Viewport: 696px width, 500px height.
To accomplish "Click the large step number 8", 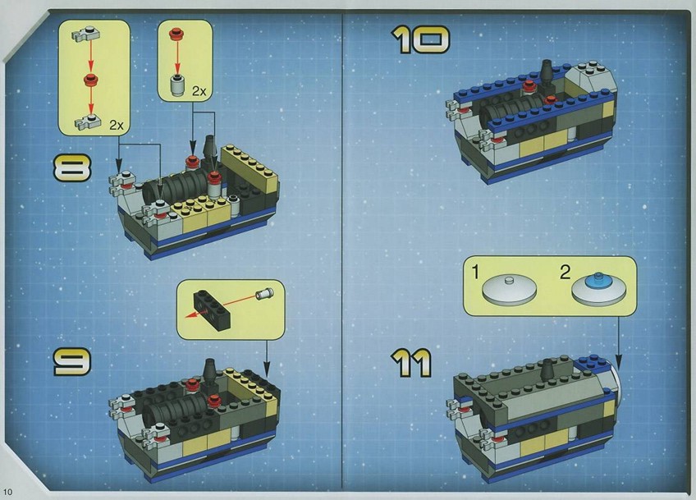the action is click(x=72, y=167).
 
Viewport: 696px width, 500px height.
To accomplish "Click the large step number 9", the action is click(x=72, y=361).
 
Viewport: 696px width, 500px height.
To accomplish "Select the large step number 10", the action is click(x=420, y=40).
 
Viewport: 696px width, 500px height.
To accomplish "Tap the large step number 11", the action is click(x=411, y=363).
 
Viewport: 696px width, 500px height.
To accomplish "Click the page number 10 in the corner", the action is click(x=8, y=491).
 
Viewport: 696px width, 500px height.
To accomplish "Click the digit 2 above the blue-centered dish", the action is click(x=565, y=273).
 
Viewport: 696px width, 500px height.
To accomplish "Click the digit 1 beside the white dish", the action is click(x=475, y=273).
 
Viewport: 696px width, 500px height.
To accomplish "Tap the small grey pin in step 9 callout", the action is click(x=264, y=294).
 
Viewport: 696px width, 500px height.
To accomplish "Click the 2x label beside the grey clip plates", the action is click(x=117, y=126).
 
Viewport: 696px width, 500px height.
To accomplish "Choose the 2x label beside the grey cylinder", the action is click(x=199, y=91).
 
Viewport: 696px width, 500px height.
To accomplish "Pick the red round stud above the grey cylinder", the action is click(x=176, y=33).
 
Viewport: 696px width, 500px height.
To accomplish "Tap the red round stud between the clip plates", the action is click(x=90, y=80).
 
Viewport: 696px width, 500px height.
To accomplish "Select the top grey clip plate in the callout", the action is click(x=85, y=34).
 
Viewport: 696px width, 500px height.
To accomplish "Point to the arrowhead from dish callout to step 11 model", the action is click(x=618, y=362).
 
